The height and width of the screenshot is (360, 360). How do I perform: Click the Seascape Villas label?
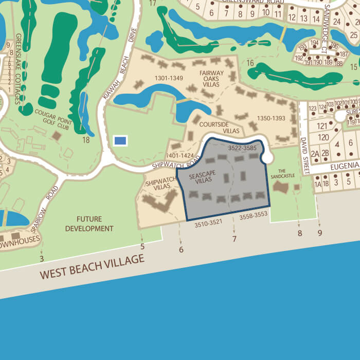coord(201,178)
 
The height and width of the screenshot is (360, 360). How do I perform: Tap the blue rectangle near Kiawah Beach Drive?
coord(120,140)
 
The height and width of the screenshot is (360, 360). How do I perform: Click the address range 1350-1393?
coord(270,118)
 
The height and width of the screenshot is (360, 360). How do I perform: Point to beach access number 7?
coord(235,239)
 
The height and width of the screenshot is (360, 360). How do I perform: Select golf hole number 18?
coord(86,139)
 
